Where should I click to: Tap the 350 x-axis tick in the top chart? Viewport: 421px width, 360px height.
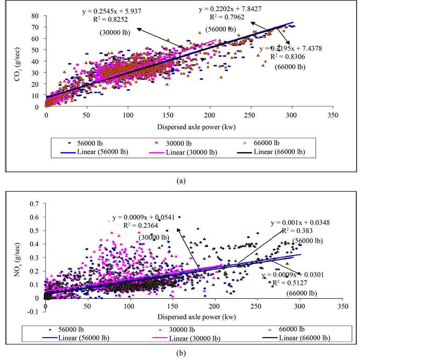pos(332,114)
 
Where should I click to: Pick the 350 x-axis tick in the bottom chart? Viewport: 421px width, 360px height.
pos(343,306)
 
